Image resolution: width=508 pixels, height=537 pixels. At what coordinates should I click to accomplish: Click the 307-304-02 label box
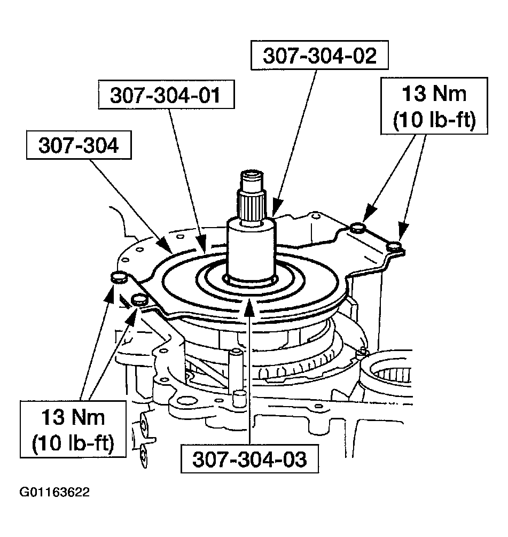319,56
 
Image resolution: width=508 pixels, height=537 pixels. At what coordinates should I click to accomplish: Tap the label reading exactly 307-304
79,146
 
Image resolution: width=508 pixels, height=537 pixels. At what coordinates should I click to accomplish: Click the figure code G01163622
53,492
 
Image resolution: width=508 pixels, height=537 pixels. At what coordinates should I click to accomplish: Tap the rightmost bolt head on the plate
395,246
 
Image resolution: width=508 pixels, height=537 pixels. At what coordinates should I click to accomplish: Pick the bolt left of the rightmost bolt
357,229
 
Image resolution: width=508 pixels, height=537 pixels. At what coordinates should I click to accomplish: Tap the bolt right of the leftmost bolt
140,299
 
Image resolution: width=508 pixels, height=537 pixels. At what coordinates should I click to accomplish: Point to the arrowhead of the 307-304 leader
169,249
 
